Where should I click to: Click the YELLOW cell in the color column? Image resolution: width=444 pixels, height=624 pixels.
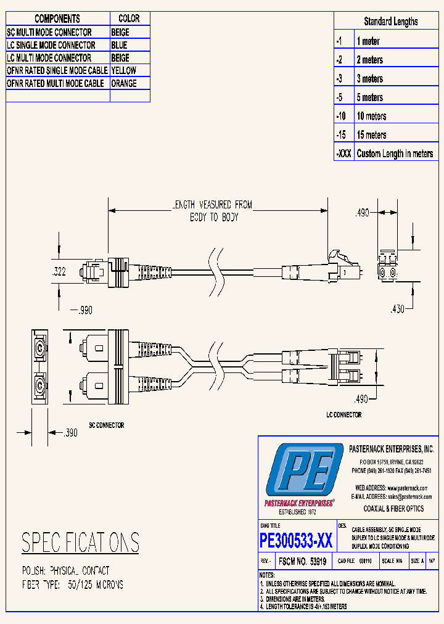point(123,71)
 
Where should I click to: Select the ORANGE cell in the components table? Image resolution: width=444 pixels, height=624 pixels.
point(124,83)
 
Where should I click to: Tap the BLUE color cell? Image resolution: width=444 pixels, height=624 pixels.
point(119,45)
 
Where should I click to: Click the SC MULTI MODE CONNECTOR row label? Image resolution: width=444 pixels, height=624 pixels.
point(49,32)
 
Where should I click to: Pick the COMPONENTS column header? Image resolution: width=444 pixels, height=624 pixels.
point(57,19)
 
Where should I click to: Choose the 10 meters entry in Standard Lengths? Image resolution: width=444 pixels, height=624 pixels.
point(371,116)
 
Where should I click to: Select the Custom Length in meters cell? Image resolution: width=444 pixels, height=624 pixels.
point(395,154)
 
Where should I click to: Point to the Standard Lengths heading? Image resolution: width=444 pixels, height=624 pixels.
point(390,22)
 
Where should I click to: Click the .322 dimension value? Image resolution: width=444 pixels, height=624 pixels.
point(58,271)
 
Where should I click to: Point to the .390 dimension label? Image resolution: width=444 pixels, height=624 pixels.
point(70,433)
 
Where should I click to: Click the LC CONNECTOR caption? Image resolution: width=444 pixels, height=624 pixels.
point(343,415)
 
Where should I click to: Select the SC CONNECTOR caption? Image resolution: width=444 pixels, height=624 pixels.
point(106,425)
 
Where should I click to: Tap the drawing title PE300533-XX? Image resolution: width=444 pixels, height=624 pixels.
point(296,541)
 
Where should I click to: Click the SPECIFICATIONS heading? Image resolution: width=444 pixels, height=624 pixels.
point(80,543)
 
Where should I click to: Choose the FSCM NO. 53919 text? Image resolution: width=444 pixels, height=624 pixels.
point(303,562)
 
